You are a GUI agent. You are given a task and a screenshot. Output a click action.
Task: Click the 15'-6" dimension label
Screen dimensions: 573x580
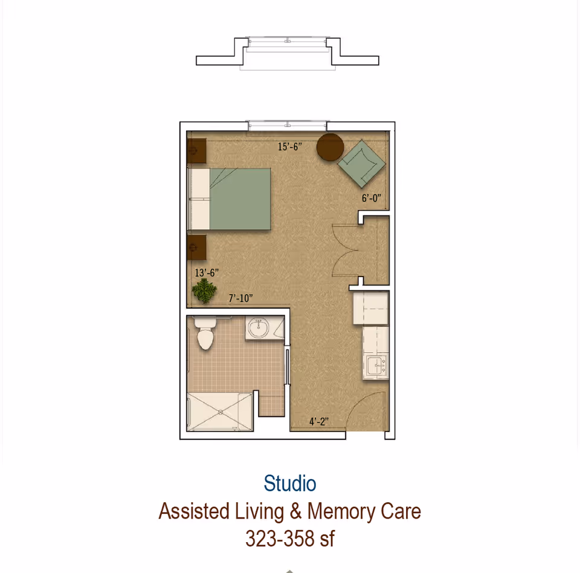pos(289,147)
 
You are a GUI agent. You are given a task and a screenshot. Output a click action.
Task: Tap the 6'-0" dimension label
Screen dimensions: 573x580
pos(372,198)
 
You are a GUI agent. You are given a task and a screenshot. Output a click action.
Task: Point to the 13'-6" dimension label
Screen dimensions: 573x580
pos(207,273)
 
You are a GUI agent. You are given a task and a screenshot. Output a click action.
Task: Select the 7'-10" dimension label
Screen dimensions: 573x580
pos(240,298)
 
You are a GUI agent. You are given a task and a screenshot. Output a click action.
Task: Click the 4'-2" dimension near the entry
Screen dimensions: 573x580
pos(319,422)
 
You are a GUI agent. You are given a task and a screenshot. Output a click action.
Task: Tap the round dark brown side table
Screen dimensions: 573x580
pos(330,147)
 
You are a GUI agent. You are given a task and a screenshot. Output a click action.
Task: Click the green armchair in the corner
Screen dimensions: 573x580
pos(361,163)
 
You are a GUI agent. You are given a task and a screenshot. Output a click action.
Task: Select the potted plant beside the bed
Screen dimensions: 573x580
pos(205,292)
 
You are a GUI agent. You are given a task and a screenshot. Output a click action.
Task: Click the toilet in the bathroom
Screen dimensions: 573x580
pos(205,334)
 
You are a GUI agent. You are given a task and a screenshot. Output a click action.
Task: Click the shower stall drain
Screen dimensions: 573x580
pos(220,412)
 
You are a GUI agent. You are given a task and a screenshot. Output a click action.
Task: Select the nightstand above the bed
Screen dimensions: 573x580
pos(196,151)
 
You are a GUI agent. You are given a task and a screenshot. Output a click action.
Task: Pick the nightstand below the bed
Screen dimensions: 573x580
pos(196,247)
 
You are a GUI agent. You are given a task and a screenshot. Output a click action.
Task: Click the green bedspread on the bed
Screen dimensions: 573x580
pos(240,199)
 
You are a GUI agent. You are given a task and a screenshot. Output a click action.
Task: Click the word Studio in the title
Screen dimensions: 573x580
pos(290,483)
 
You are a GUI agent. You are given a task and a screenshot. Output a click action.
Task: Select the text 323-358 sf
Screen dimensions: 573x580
pos(290,538)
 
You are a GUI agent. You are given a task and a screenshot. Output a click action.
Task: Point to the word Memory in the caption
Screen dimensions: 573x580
pos(341,511)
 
